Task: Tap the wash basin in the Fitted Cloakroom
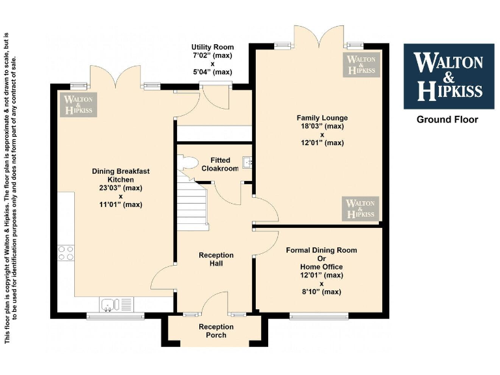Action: (247, 163)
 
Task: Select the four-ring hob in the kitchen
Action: (66, 253)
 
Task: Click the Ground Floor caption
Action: (447, 120)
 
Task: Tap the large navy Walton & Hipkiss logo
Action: (448, 76)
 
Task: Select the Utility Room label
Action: (212, 48)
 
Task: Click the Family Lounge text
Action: (322, 118)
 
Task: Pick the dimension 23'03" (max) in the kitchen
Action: (120, 187)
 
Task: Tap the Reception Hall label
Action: (216, 259)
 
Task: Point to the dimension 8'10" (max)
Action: (322, 292)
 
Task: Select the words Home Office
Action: (322, 267)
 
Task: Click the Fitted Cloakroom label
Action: (219, 164)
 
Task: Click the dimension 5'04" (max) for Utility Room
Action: (212, 72)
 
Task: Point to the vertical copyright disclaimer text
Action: (11, 187)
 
